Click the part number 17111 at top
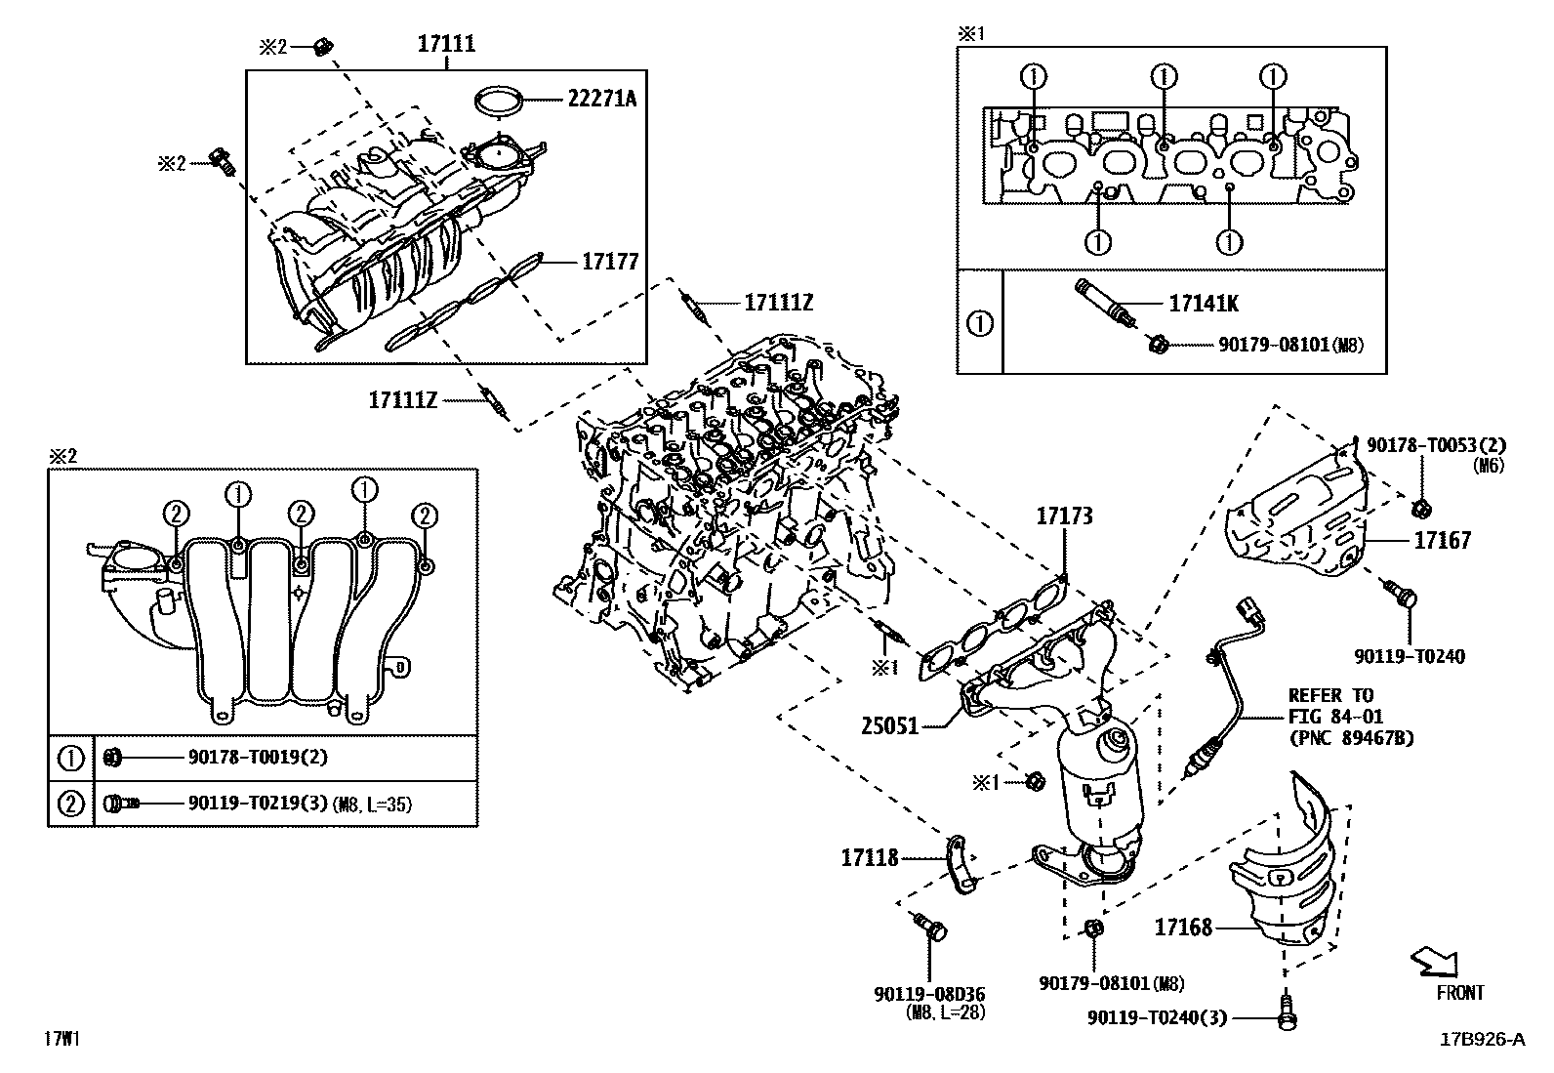pos(447,43)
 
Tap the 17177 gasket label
pos(610,262)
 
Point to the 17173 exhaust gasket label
pos(1064,516)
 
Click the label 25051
pos(889,726)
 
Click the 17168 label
pos(1183,927)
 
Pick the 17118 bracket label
pos(869,858)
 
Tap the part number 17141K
pos(1204,304)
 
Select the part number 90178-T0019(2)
pos(257,757)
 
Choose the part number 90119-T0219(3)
pos(257,804)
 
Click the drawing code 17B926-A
pos(1482,1039)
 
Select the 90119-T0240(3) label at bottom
pos(1156,1018)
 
